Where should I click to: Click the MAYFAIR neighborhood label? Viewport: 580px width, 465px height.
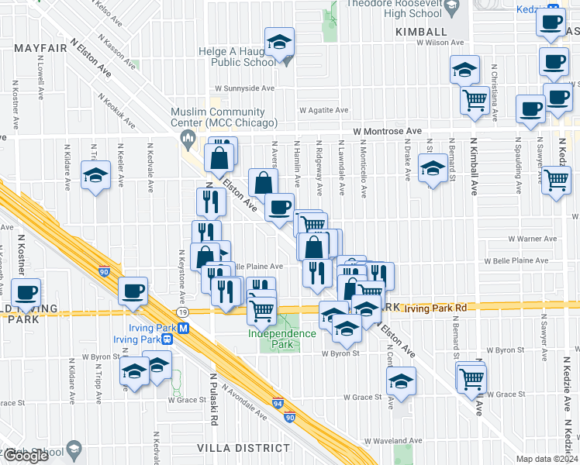click(37, 47)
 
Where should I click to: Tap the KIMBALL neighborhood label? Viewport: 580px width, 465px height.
click(421, 32)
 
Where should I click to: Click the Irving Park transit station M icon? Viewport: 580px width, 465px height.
click(183, 328)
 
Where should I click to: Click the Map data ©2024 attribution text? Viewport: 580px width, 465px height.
click(547, 459)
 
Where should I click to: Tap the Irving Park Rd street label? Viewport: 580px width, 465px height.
click(440, 308)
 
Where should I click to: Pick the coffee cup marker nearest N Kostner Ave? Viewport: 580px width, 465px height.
click(26, 292)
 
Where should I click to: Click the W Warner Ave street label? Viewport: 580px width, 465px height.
click(531, 239)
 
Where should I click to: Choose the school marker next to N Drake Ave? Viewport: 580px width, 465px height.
click(433, 167)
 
